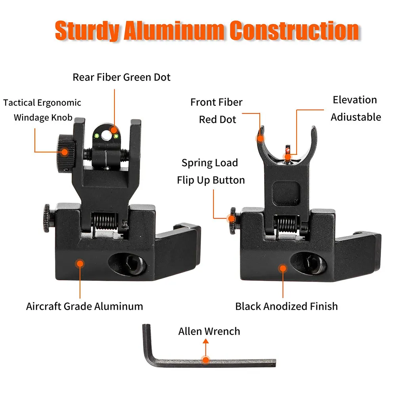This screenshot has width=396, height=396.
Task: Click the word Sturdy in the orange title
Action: (x=87, y=30)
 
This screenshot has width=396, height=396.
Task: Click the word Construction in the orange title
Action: (x=295, y=30)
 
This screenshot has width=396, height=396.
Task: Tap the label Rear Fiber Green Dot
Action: (x=122, y=77)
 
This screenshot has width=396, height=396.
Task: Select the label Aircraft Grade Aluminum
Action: (x=85, y=307)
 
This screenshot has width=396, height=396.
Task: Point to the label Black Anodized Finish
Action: (x=286, y=307)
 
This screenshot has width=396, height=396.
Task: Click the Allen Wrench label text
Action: (x=209, y=331)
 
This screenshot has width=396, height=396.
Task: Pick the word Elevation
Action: (x=355, y=100)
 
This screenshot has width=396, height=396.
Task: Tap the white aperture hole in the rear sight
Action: (x=106, y=136)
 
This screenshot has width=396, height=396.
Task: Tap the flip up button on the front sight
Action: (x=232, y=221)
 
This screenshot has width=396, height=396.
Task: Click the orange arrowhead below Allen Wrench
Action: (x=206, y=341)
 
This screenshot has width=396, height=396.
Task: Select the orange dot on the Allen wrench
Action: (x=206, y=360)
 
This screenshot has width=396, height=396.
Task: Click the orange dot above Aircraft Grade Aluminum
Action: (x=80, y=264)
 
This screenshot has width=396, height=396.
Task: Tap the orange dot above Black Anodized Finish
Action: (x=283, y=268)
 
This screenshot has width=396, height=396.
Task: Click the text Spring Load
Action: (x=209, y=163)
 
